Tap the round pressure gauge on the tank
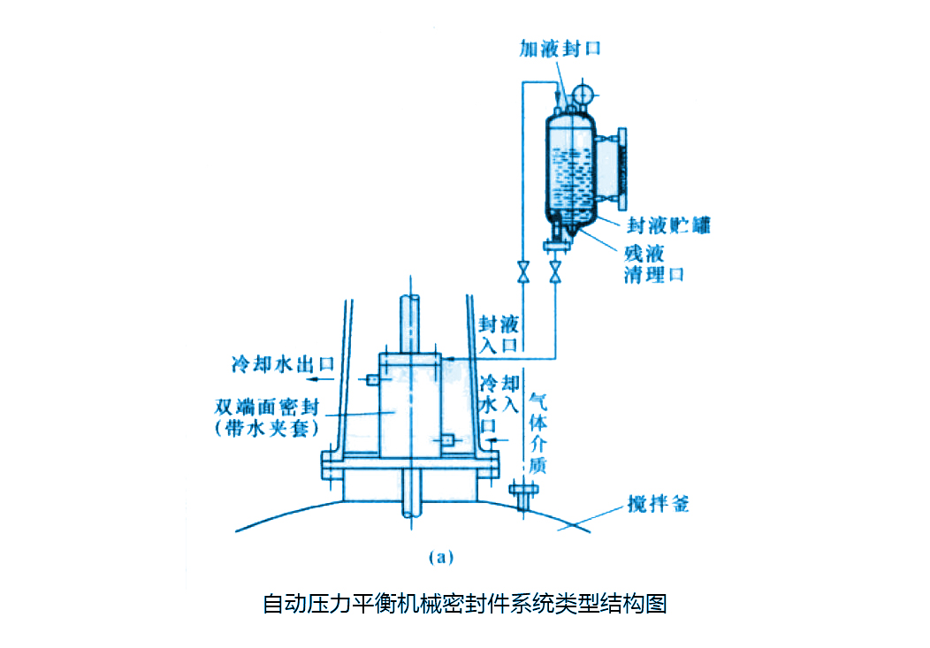(x=583, y=93)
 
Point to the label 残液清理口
(x=653, y=263)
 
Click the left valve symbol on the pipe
(x=523, y=271)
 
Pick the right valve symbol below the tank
(x=555, y=271)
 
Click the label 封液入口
(x=498, y=334)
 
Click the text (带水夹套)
(x=268, y=428)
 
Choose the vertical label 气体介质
(x=537, y=432)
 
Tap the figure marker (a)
(x=440, y=557)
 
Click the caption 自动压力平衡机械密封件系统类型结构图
(x=464, y=605)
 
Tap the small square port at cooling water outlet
(x=372, y=379)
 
